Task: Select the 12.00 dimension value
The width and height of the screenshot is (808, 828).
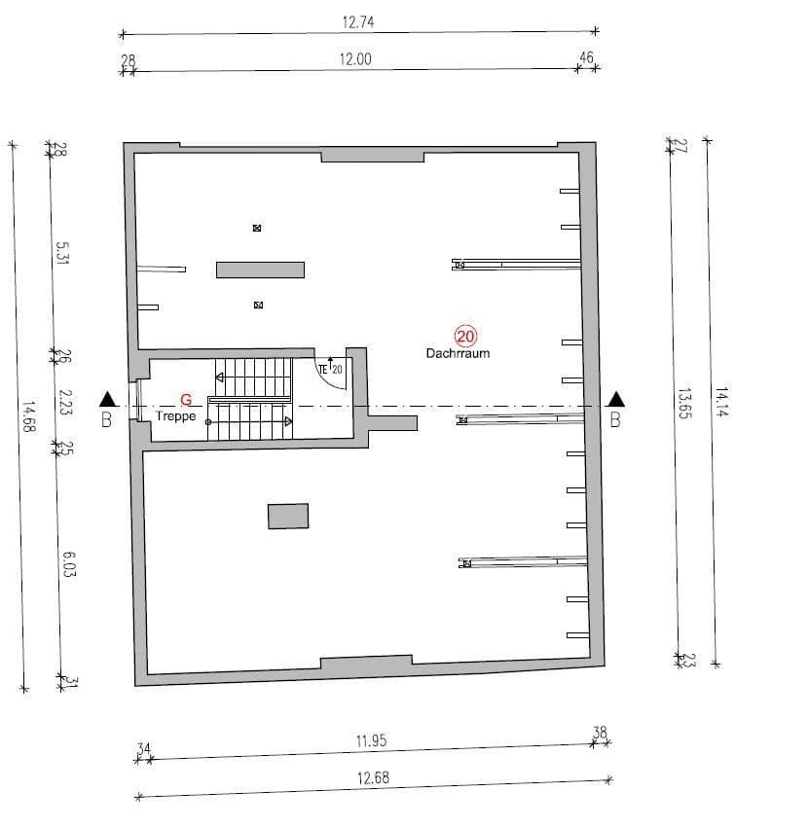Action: pos(355,58)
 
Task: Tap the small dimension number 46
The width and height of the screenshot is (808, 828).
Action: pos(586,58)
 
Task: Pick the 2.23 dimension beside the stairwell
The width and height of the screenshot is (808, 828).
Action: pos(65,403)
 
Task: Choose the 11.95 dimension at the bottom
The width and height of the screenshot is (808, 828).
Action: pos(371,740)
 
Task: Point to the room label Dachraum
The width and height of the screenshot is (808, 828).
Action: pos(458,353)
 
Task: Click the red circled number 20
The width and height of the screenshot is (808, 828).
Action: pos(465,337)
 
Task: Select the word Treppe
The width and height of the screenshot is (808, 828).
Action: pos(176,415)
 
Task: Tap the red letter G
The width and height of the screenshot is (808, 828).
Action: pos(186,399)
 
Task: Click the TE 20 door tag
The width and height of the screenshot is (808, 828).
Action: pos(330,369)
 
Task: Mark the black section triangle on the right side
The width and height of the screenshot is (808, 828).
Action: pos(615,399)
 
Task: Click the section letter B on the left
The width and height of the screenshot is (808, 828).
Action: pos(107,420)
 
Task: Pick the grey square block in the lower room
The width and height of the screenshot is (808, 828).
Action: pos(288,516)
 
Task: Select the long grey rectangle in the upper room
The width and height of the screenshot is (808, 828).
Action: pos(260,270)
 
